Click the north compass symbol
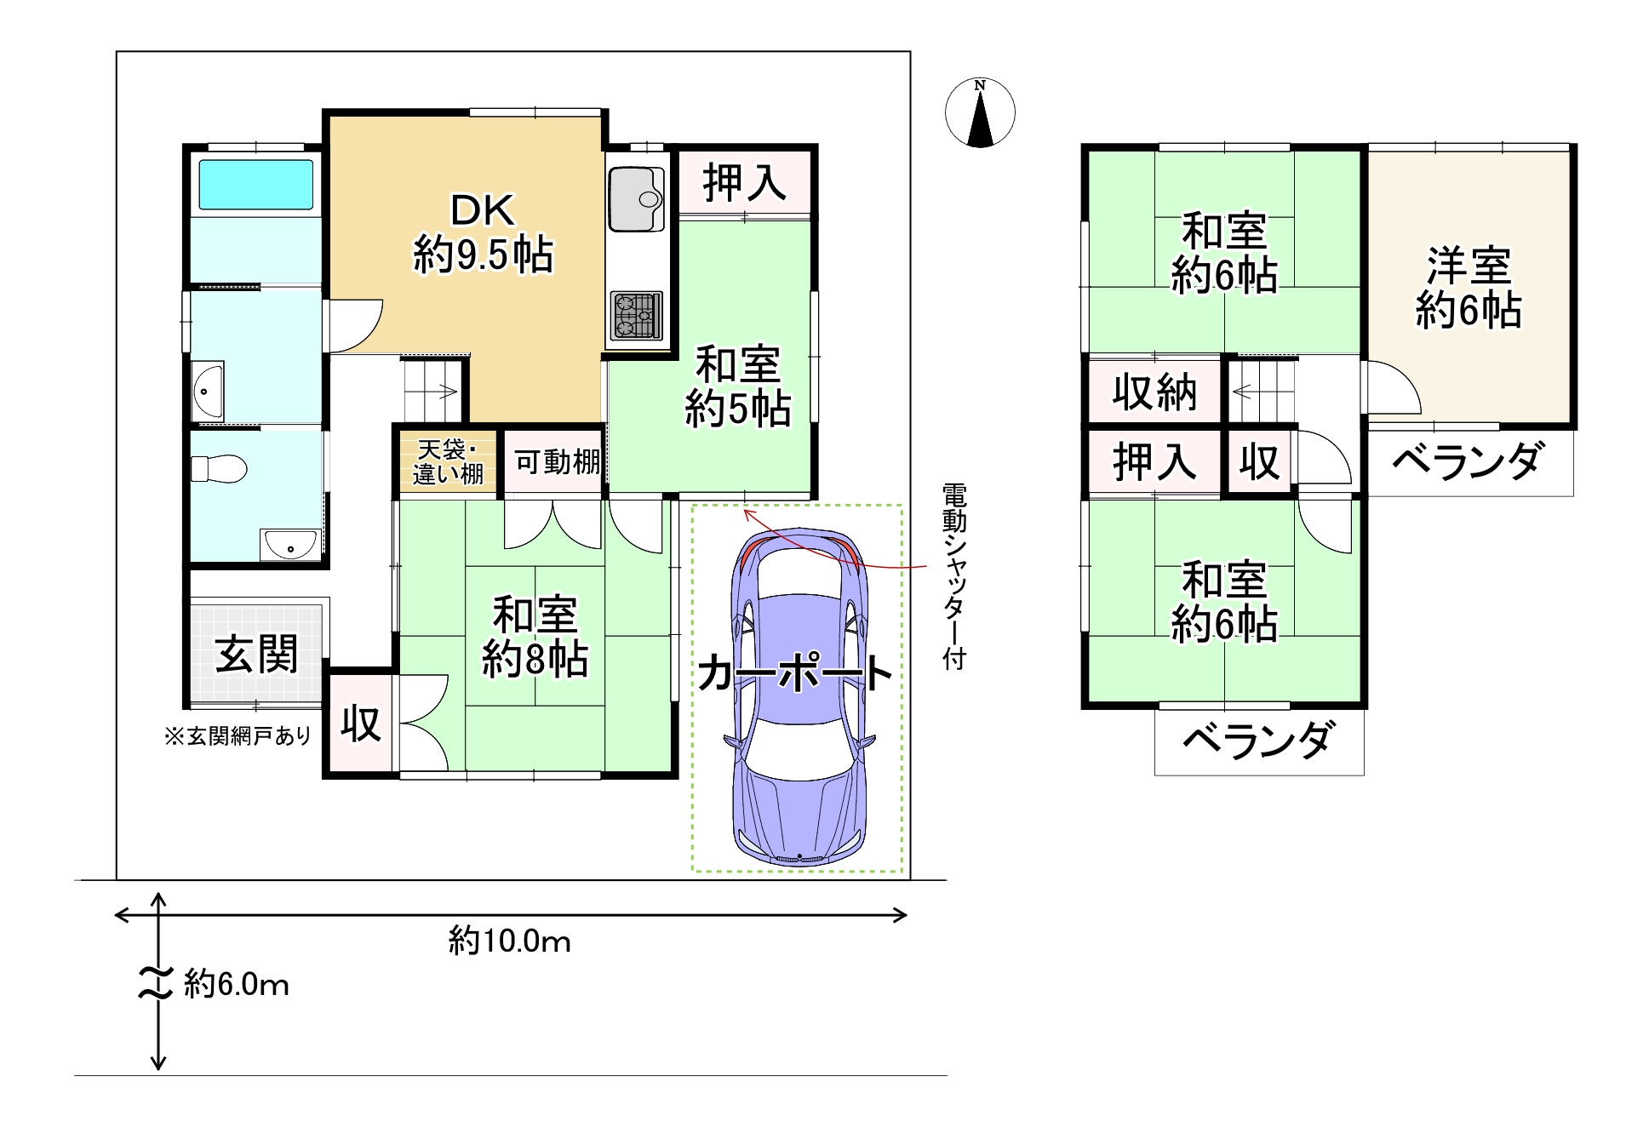point(980,112)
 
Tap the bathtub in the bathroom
point(255,184)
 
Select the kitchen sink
point(636,198)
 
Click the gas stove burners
point(636,316)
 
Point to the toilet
point(219,469)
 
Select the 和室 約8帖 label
point(535,637)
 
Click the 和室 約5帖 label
point(738,386)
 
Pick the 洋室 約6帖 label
point(1469,288)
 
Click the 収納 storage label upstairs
point(1154,392)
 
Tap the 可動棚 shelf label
point(558,462)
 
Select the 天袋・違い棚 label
point(448,462)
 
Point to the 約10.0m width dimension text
point(510,941)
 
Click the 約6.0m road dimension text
point(237,985)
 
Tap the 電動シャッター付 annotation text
point(954,577)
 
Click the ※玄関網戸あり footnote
point(238,735)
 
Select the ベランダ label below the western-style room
point(1467,462)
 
